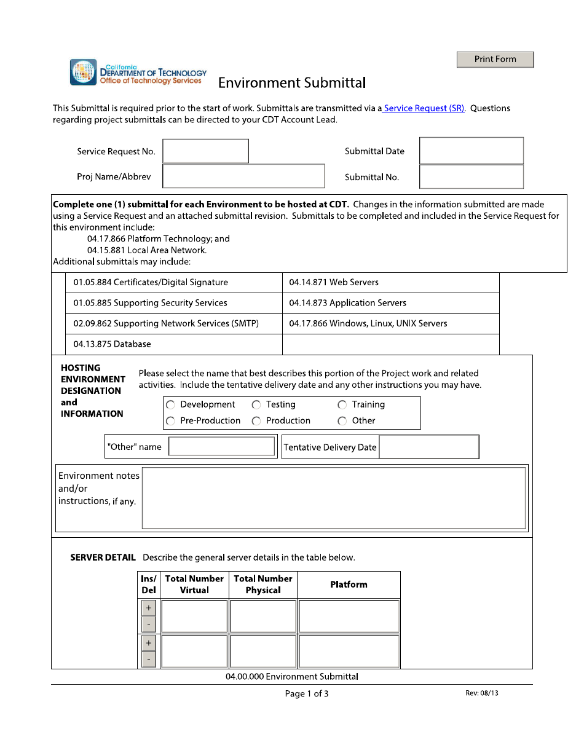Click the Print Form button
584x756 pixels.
[495, 60]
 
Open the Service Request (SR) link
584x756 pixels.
[424, 108]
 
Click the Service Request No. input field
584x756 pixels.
[205, 151]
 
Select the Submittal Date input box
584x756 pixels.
[471, 151]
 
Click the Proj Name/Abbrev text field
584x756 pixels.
[243, 176]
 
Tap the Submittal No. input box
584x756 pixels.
[471, 177]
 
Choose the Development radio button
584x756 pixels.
[171, 405]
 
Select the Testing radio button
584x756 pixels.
[256, 405]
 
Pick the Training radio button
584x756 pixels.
[342, 405]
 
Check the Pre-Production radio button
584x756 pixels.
[171, 421]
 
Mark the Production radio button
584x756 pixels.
[256, 421]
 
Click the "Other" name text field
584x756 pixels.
[221, 447]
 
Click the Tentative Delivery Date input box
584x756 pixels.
[428, 447]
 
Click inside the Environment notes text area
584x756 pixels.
[334, 498]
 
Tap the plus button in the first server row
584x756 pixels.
[149, 608]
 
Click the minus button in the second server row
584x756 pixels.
[149, 660]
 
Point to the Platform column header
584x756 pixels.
[349, 585]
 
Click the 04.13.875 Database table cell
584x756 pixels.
[173, 344]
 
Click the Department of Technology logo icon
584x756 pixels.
[83, 73]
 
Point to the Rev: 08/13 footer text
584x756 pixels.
[481, 693]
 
